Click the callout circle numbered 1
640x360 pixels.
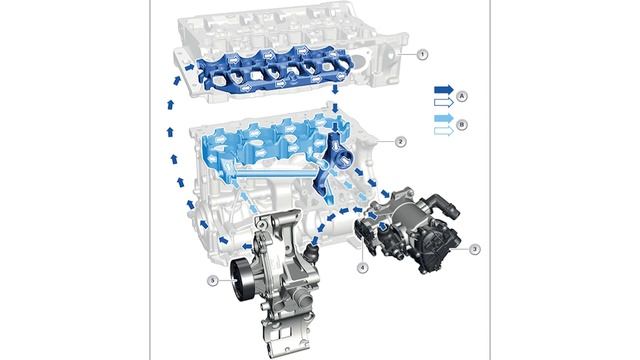422,54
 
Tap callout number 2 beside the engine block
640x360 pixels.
400,142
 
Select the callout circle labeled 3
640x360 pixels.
474,249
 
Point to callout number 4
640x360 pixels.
362,268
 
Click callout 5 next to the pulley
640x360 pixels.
213,280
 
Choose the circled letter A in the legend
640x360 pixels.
462,96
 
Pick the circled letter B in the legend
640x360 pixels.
462,124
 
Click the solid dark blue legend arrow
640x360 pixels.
444,90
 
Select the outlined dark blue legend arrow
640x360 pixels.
444,102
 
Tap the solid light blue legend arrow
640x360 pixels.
444,119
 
